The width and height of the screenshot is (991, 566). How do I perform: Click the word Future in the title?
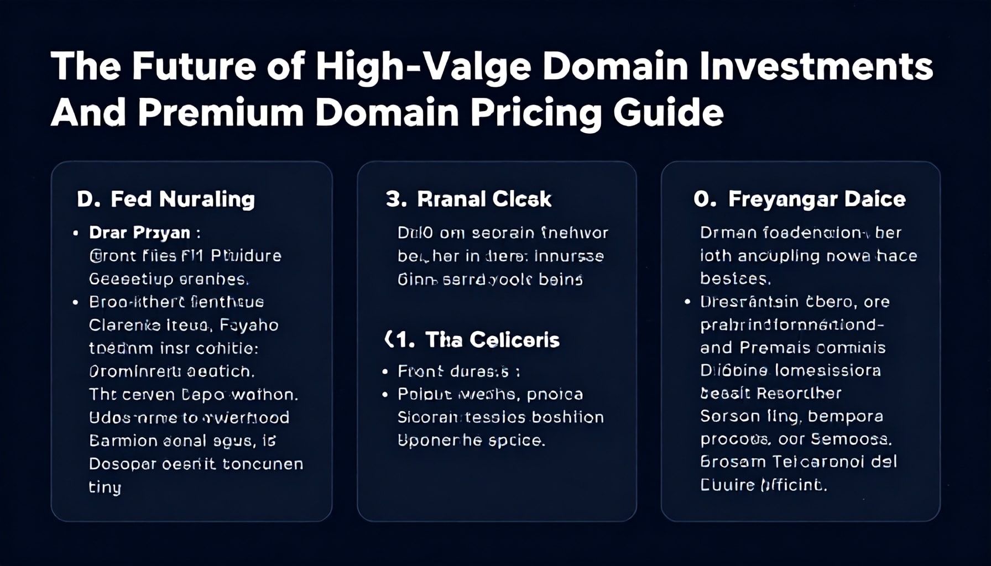(194, 66)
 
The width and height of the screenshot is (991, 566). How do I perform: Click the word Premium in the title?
(221, 113)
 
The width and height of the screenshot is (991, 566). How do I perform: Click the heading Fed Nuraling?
(182, 199)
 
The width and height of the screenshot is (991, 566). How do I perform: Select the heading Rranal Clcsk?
(484, 199)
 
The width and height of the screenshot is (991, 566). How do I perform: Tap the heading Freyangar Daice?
(817, 199)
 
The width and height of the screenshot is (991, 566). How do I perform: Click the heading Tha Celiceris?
(492, 339)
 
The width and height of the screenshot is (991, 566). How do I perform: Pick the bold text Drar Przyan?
(139, 233)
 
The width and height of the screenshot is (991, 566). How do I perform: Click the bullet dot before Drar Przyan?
(76, 233)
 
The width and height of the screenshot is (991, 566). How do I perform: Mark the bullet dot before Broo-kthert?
(76, 302)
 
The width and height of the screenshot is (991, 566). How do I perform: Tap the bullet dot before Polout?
(385, 394)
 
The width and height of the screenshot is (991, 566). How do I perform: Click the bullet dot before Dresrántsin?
(687, 302)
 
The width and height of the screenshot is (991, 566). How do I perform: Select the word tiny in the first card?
(105, 488)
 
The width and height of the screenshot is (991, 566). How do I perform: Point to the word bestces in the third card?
(734, 279)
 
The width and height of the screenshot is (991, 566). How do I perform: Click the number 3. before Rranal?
(396, 199)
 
